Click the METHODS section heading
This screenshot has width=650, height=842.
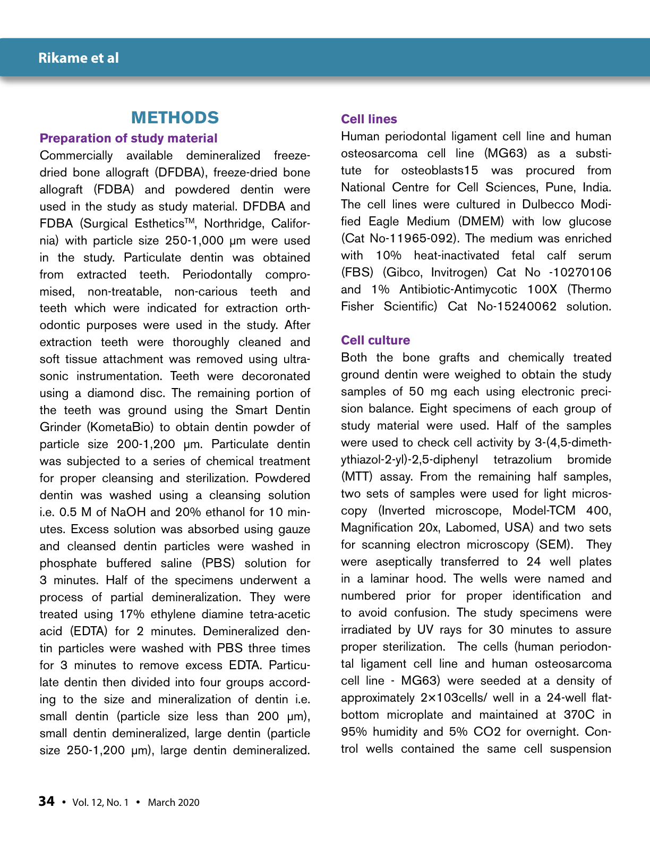pyautogui.click(x=175, y=117)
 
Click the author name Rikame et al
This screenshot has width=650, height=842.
pyautogui.click(x=79, y=58)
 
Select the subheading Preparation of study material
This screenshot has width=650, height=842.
pyautogui.click(x=129, y=138)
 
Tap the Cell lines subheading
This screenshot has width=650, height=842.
pyautogui.click(x=369, y=119)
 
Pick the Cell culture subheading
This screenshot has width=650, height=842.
pyautogui.click(x=375, y=340)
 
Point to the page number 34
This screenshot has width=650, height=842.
pyautogui.click(x=46, y=801)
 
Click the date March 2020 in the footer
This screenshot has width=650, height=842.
pyautogui.click(x=174, y=802)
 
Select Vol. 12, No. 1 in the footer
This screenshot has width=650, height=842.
pyautogui.click(x=100, y=802)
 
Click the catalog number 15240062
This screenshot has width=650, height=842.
pyautogui.click(x=526, y=307)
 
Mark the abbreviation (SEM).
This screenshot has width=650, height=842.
pyautogui.click(x=554, y=545)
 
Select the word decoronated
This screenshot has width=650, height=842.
pyautogui.click(x=276, y=376)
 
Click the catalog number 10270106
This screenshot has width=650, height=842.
pyautogui.click(x=579, y=273)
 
